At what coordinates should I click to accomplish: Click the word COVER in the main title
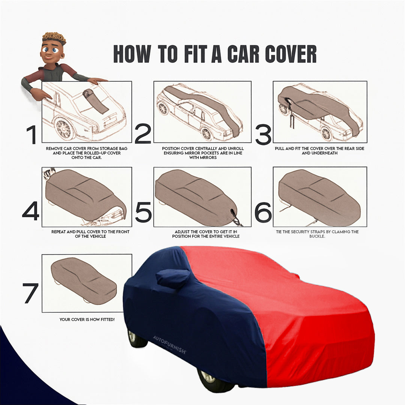[291, 54]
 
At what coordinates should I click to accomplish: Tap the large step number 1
[31, 135]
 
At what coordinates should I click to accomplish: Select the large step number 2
[142, 135]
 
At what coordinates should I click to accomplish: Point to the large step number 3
[263, 135]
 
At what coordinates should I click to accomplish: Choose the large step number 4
[30, 211]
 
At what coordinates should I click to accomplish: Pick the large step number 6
[263, 212]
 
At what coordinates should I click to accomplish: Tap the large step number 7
[30, 293]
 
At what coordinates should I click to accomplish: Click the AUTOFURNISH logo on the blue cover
[169, 344]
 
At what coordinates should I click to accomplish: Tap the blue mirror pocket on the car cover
[173, 278]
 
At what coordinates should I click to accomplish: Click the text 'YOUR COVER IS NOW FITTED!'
[87, 319]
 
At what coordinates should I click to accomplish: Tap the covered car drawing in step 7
[84, 280]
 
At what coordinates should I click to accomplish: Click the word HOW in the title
[132, 54]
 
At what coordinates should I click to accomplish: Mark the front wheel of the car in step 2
[206, 133]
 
